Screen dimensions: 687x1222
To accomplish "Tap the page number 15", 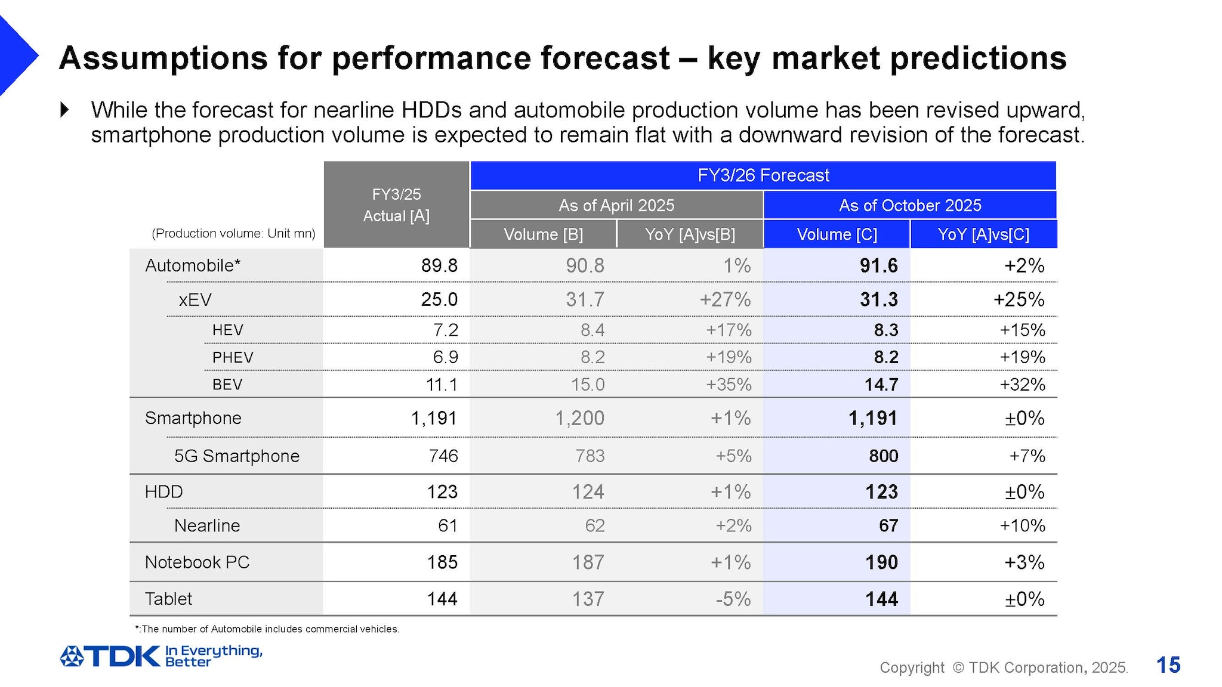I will pos(1168,665).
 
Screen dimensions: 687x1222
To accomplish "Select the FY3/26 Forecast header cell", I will pos(763,175).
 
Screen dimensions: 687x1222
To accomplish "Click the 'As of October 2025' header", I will pos(909,206).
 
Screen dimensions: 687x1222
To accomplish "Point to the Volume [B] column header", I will pos(543,234).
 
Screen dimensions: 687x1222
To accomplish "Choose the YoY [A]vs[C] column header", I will pos(983,234).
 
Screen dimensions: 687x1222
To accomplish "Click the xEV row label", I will pos(195,299).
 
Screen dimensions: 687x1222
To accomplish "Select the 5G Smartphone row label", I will pos(236,456).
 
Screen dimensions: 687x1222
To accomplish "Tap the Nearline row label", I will pos(207,525).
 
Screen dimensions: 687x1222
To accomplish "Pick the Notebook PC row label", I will pos(197,562).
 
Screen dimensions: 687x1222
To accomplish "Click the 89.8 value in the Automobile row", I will pos(439,265).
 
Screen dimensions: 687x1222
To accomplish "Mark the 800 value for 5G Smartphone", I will pos(883,456).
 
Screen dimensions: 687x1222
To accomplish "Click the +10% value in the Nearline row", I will pos(1022,525).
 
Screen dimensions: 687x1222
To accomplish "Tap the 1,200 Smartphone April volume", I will pos(579,418).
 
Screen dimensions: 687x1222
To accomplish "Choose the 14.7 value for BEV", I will pos(881,385).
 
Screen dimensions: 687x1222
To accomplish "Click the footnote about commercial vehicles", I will pos(267,629).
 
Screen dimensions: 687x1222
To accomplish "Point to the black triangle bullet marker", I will pos(65,110).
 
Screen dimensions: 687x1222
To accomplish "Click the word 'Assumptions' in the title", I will pos(163,58).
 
